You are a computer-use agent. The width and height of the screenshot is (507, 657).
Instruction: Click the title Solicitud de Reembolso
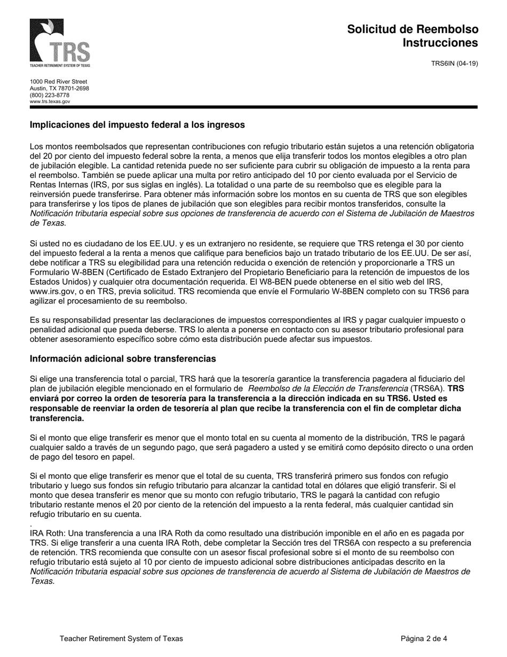coord(413,29)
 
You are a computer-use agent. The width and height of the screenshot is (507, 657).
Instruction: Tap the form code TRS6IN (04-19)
coord(454,64)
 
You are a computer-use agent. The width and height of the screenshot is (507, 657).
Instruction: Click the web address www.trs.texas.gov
coord(50,101)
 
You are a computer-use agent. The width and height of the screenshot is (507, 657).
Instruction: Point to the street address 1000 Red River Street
coord(58,82)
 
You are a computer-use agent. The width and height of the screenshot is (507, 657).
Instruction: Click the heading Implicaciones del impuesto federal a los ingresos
coord(137,125)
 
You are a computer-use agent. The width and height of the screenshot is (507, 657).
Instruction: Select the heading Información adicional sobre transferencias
coord(123,358)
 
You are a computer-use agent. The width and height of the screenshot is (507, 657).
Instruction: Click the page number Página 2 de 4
coord(424,638)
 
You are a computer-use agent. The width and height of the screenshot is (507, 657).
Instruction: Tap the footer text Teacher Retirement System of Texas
coord(121,638)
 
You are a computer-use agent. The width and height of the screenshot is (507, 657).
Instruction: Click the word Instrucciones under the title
coord(440,43)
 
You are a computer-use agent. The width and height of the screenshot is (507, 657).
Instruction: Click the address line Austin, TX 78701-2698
coord(59,89)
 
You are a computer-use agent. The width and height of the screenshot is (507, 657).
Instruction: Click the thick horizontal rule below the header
coord(253,107)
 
